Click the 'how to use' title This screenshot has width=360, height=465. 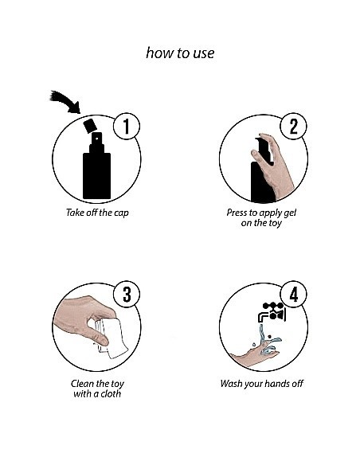180,53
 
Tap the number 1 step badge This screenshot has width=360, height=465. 127,126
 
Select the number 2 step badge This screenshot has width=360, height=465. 293,126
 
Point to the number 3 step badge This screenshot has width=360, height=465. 127,294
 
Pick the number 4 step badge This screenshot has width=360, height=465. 293,294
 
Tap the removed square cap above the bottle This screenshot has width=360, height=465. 90,126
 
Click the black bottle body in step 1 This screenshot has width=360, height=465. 96,175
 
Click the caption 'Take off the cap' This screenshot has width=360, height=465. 97,213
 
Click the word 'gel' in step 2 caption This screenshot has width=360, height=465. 290,213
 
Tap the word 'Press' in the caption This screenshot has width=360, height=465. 237,213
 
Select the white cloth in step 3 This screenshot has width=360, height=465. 112,338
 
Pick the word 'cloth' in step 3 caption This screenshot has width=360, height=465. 111,393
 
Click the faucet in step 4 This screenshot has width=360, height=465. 272,313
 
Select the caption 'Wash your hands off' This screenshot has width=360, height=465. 261,384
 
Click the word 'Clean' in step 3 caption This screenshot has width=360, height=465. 81,384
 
